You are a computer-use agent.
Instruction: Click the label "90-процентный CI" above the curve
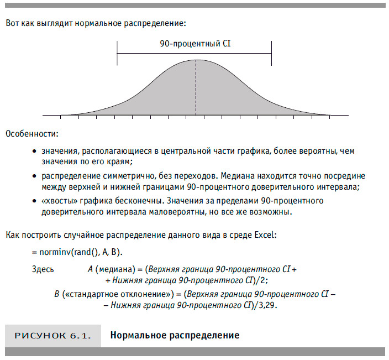coord(195,43)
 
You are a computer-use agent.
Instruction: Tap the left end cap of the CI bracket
coord(117,54)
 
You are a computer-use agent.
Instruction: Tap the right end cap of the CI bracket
coord(271,54)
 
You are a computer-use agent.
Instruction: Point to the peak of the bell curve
coord(195,60)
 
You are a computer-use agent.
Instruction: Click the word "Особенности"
coord(31,134)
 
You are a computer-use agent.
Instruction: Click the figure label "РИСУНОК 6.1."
coord(53,336)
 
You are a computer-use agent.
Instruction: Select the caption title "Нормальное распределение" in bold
coord(175,336)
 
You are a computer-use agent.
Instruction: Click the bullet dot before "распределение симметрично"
coord(34,176)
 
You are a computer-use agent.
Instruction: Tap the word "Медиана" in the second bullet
coord(207,175)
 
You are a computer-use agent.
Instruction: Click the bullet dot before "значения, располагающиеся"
coord(34,151)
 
